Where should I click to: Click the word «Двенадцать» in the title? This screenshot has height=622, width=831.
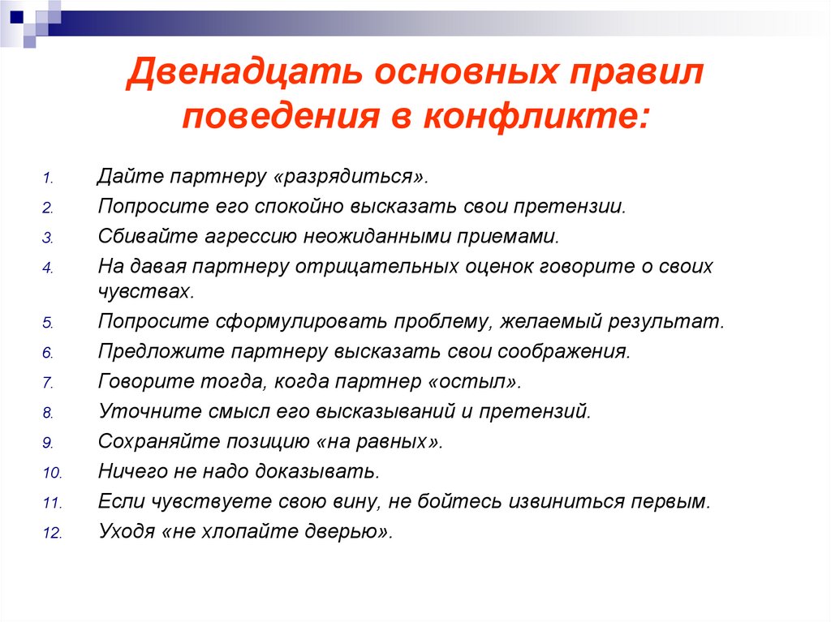click(244, 72)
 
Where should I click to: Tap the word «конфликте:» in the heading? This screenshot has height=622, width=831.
click(536, 116)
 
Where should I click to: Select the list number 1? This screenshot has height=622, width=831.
click(48, 178)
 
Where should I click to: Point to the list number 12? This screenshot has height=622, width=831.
click(53, 533)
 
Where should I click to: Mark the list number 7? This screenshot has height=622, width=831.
click(48, 383)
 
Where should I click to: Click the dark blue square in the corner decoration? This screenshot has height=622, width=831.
click(17, 16)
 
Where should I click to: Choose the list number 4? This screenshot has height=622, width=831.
click(48, 268)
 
